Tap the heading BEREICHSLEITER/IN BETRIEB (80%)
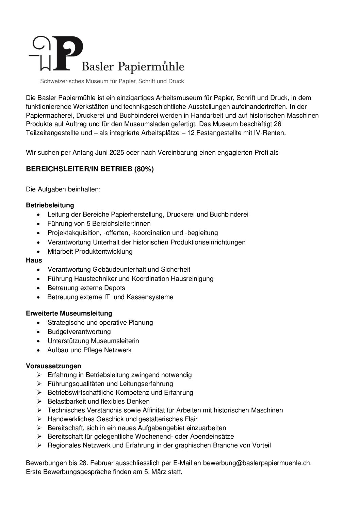90,169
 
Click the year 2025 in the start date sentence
117,152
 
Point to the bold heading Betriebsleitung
50,205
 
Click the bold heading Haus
34,260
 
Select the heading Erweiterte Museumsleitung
69,313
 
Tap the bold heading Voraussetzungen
54,366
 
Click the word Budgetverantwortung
79,332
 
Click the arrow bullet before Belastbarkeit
40,402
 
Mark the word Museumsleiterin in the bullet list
116,341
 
